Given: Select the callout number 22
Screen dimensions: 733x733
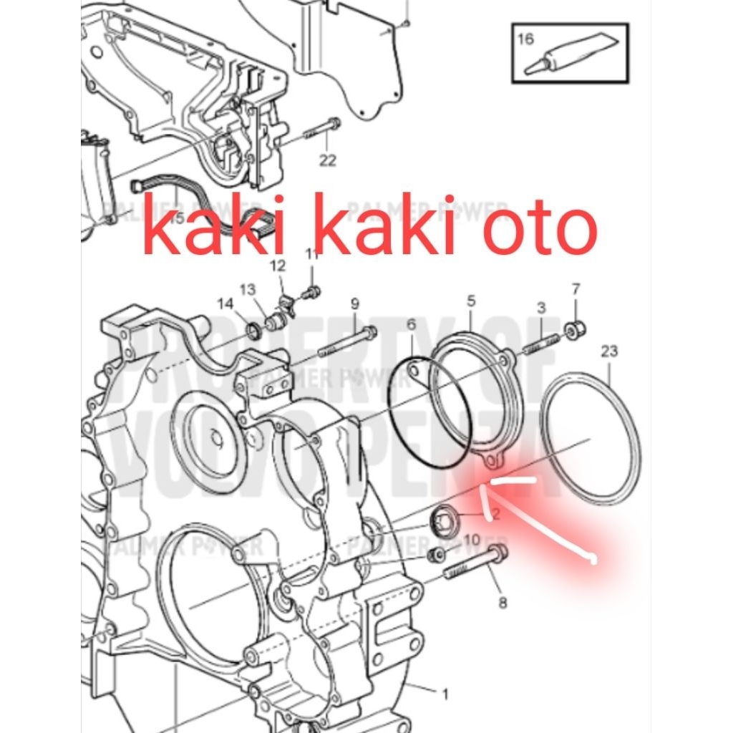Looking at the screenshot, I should (x=327, y=160).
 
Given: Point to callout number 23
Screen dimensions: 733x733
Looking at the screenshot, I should (x=609, y=351).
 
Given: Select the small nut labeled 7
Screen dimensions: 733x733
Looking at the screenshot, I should (x=576, y=330).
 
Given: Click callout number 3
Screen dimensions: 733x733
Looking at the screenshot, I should (x=541, y=307).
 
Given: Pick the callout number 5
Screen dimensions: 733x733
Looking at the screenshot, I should (x=471, y=300).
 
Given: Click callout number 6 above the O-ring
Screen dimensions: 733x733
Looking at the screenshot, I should (x=411, y=324).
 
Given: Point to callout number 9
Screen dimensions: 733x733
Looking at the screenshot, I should (x=354, y=304).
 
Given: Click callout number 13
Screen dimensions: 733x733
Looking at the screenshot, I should (x=247, y=289).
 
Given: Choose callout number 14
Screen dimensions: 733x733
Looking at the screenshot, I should (x=225, y=304).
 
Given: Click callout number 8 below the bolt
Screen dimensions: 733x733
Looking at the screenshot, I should (x=503, y=603).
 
